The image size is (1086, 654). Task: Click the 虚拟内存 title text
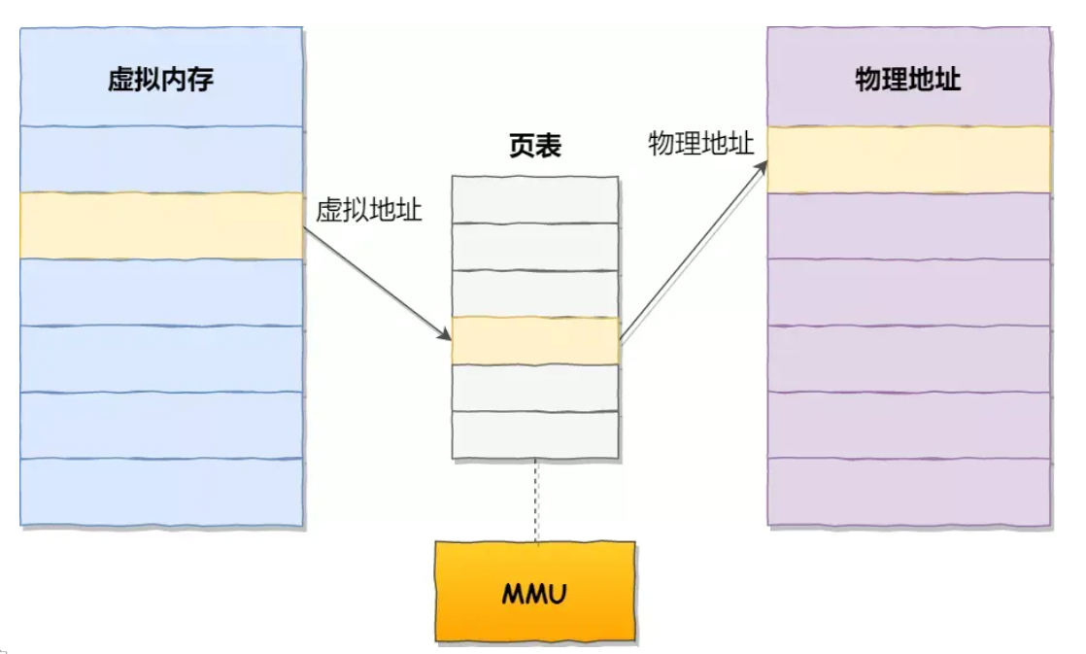[x=160, y=79]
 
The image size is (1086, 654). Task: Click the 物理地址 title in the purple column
[x=907, y=79]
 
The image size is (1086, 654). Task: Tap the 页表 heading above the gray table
[x=534, y=146]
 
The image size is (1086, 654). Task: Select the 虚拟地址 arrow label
[x=369, y=210]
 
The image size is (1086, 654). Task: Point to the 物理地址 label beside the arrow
[x=701, y=144]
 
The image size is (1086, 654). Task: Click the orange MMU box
[x=534, y=592]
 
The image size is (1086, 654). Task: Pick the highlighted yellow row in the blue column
[x=161, y=225]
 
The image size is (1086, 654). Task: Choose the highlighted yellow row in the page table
[x=534, y=340]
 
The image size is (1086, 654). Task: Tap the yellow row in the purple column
[x=908, y=159]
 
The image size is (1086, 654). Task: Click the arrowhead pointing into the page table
[x=445, y=334]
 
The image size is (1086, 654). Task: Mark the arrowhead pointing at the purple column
[x=762, y=168]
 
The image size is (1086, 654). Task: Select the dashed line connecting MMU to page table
[x=535, y=499]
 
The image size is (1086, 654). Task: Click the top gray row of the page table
[x=534, y=199]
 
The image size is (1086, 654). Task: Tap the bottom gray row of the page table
[x=534, y=434]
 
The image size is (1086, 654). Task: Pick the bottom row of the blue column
[x=161, y=492]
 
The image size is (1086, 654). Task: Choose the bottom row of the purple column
[x=908, y=492]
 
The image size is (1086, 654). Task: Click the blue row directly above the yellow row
[x=161, y=159]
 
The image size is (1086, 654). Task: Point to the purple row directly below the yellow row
[x=908, y=225]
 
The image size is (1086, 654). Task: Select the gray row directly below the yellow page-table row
[x=534, y=388]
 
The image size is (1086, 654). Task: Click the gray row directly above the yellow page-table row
[x=534, y=293]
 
